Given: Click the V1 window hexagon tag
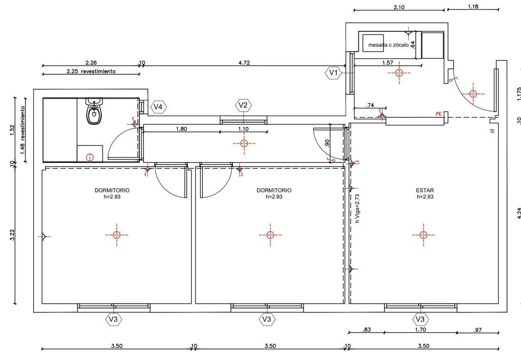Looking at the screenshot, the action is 333,73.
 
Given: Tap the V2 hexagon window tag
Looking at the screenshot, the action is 243,105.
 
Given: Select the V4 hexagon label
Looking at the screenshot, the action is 158,107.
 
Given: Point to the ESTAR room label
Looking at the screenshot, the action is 425,190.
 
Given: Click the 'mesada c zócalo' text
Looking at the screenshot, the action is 388,45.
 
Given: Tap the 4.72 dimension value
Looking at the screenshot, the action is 244,63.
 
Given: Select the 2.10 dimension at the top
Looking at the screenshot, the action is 399,7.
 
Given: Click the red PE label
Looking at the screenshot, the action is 438,114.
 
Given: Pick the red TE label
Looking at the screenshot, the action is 492,131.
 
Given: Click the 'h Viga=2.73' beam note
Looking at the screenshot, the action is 357,209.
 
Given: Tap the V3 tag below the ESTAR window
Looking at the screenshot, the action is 420,319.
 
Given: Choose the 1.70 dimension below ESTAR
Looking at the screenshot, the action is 420,330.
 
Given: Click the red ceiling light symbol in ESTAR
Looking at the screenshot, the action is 424,235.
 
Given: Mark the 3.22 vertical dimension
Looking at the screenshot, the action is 12,235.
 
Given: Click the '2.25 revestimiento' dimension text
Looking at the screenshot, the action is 91,71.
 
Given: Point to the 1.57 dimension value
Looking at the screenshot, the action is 388,63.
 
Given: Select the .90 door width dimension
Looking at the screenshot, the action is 327,143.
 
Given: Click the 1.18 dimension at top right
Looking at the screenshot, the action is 473,6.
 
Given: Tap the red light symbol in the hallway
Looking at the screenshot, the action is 244,143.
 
